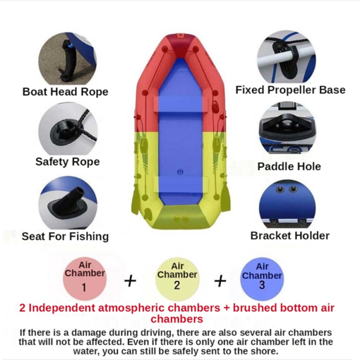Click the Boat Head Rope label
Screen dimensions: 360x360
coord(65,92)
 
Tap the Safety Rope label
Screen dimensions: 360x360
coord(68,162)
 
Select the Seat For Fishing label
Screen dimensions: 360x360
coord(65,236)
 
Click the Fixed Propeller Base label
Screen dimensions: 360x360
coord(290,90)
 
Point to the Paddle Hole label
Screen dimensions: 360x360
coord(289,167)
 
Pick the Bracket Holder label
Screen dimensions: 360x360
coord(290,236)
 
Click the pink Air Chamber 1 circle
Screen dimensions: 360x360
coord(85,279)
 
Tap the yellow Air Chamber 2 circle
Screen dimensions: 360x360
coord(177,280)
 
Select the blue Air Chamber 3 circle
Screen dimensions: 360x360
coord(262,280)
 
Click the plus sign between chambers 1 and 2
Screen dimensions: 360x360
coord(130,281)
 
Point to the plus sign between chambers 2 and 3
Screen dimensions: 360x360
coord(220,281)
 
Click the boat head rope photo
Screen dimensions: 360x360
coord(68,59)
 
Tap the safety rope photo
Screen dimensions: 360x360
coord(68,128)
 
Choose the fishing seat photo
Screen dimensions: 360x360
coord(68,203)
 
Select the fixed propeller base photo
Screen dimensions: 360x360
coord(287,56)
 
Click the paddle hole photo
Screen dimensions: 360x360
coord(287,128)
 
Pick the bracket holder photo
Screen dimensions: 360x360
coord(287,204)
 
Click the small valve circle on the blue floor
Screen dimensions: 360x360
coord(180,172)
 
